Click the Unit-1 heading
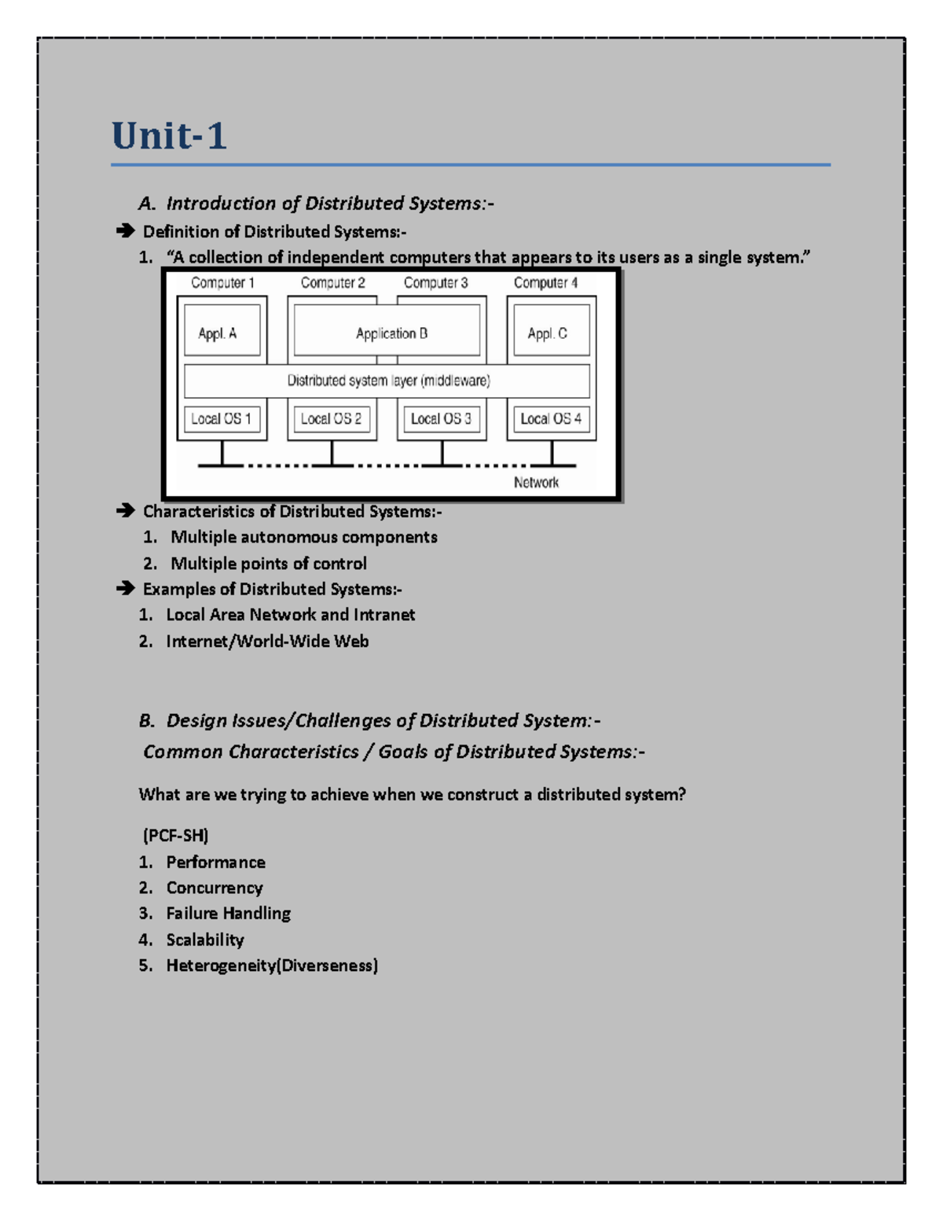[169, 135]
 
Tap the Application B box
[391, 333]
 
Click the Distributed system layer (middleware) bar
[387, 381]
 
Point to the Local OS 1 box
[221, 419]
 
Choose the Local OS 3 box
[441, 419]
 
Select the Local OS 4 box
[550, 419]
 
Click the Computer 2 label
[332, 283]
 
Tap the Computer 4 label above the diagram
[545, 283]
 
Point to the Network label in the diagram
[536, 483]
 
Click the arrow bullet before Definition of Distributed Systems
[125, 231]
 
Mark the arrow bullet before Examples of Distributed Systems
[125, 589]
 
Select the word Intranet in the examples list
[383, 615]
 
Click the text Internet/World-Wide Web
[267, 642]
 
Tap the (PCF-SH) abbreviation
[175, 835]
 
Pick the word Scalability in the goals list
[205, 940]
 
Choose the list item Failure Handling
[228, 914]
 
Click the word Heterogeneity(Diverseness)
[272, 965]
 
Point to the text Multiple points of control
[268, 564]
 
